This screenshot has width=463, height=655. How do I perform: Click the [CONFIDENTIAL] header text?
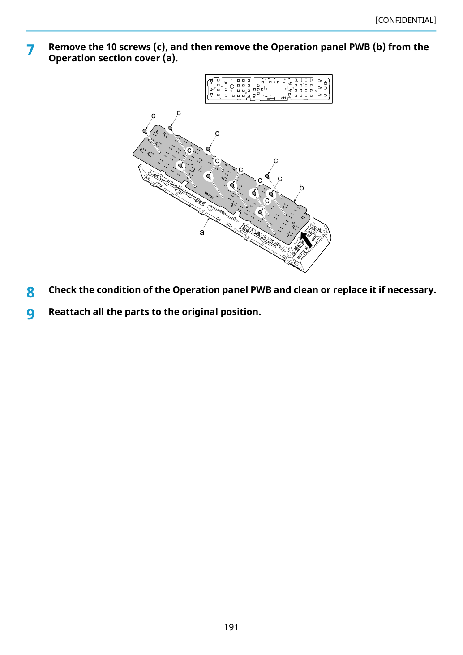point(405,20)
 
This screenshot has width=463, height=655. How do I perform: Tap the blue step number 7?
point(30,50)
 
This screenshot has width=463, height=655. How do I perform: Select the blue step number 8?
point(30,293)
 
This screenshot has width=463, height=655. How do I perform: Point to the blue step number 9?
point(30,315)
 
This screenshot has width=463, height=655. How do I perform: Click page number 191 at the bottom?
point(231,627)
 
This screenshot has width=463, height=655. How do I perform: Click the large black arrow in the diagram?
point(306,240)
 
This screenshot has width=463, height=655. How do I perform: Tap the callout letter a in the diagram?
point(202,233)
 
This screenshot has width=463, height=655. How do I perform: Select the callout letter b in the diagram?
point(301,188)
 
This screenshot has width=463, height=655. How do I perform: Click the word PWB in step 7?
point(360,47)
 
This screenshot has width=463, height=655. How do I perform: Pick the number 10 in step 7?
point(111,47)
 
